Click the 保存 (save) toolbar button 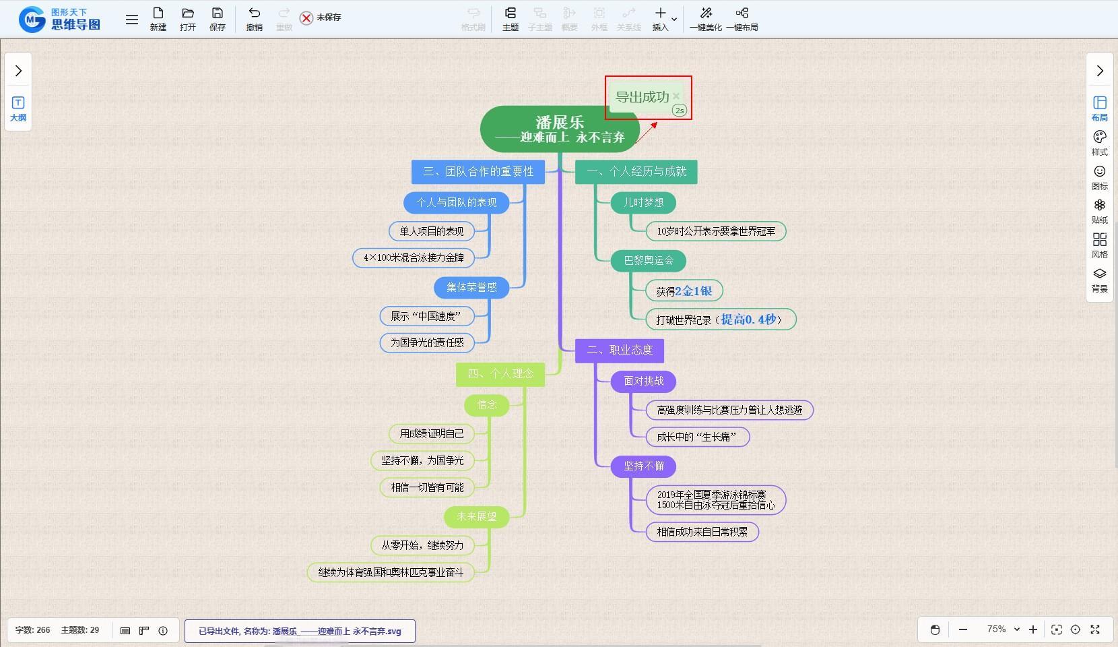point(217,18)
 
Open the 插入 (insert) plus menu point(661,18)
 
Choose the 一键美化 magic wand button point(705,18)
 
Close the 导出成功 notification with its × point(676,96)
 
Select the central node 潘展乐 point(560,129)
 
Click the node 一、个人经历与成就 point(636,172)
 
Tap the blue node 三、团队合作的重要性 point(478,172)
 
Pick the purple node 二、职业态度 point(619,350)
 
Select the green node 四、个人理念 point(500,374)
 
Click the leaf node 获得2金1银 point(684,291)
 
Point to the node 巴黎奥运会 point(648,261)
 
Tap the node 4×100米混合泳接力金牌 point(414,257)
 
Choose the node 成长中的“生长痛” point(697,437)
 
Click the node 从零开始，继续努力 point(422,545)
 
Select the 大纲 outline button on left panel point(18,108)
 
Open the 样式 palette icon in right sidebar point(1099,142)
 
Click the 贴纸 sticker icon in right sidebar point(1099,210)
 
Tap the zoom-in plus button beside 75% point(1033,629)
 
